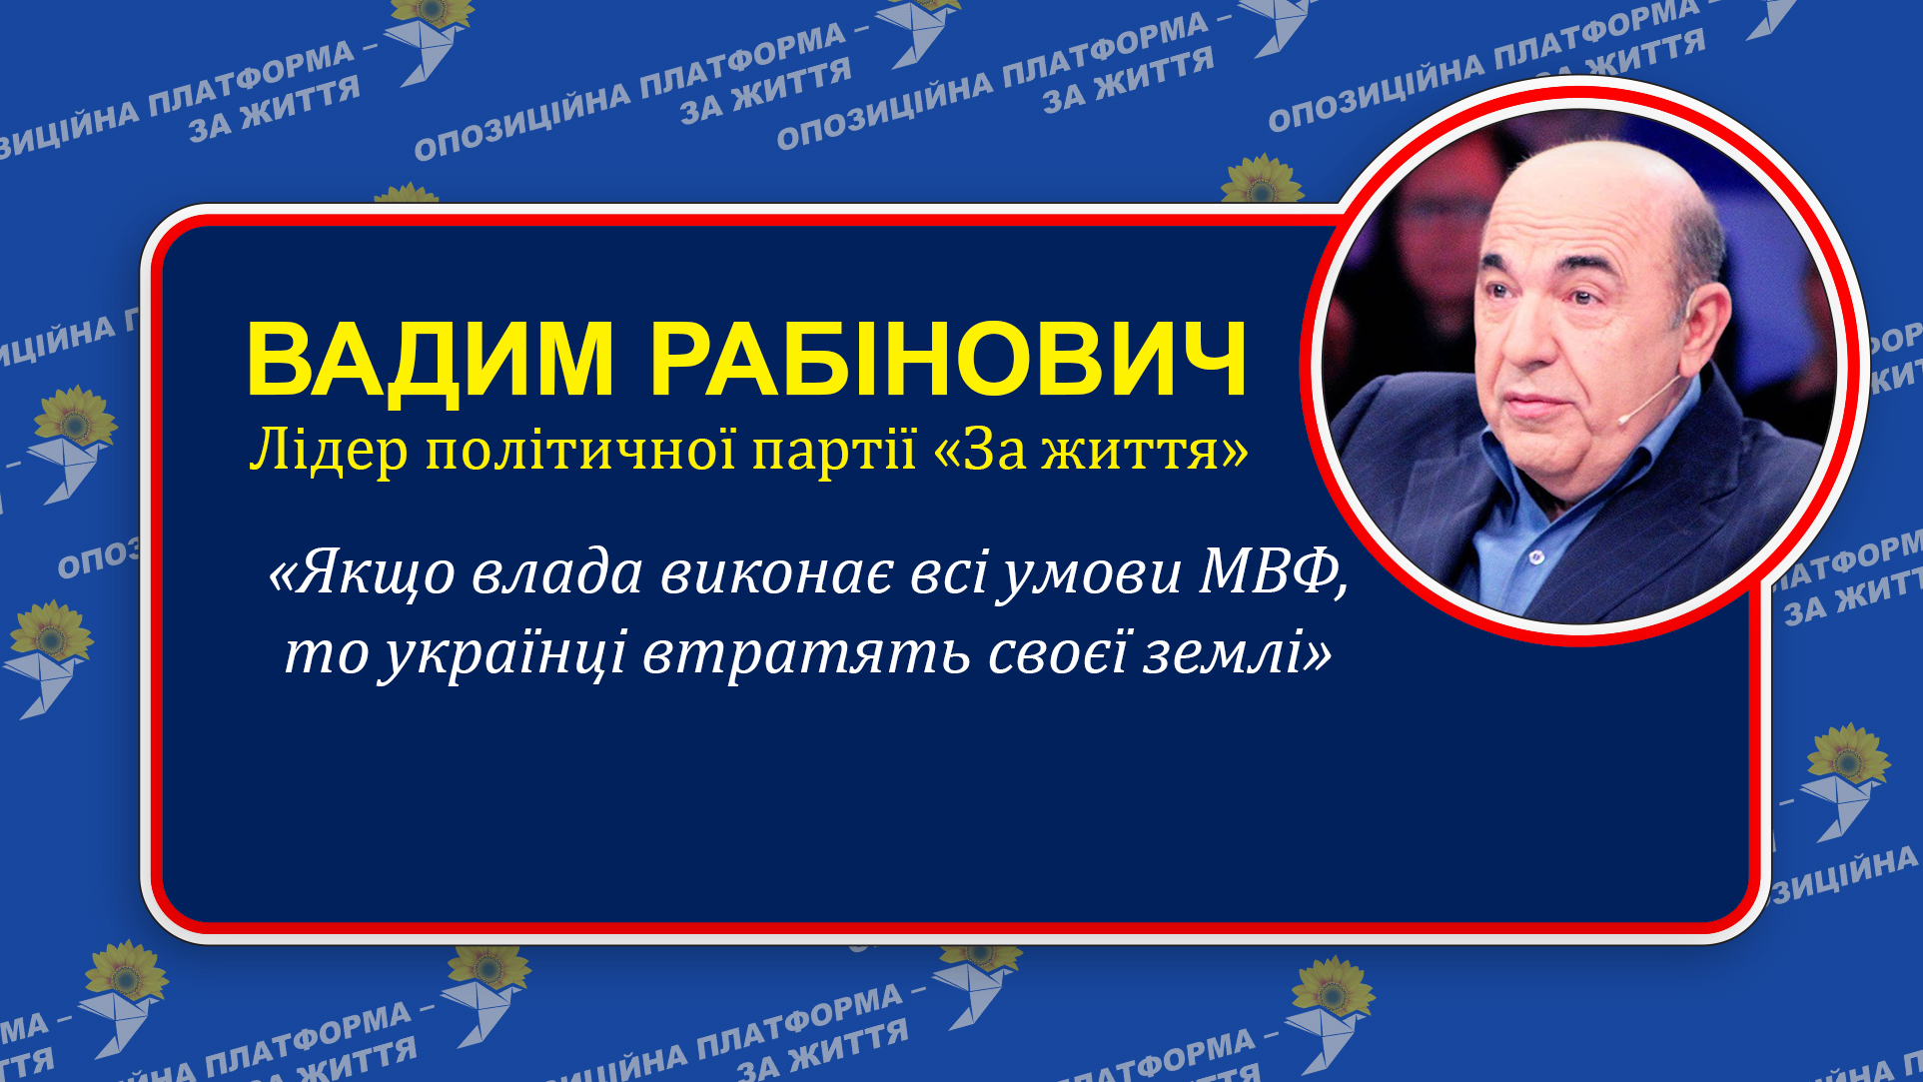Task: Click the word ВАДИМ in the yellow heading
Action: tap(430, 360)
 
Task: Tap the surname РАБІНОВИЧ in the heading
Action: tap(949, 360)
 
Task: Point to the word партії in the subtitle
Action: tap(833, 453)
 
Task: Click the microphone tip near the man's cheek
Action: tap(1624, 418)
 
